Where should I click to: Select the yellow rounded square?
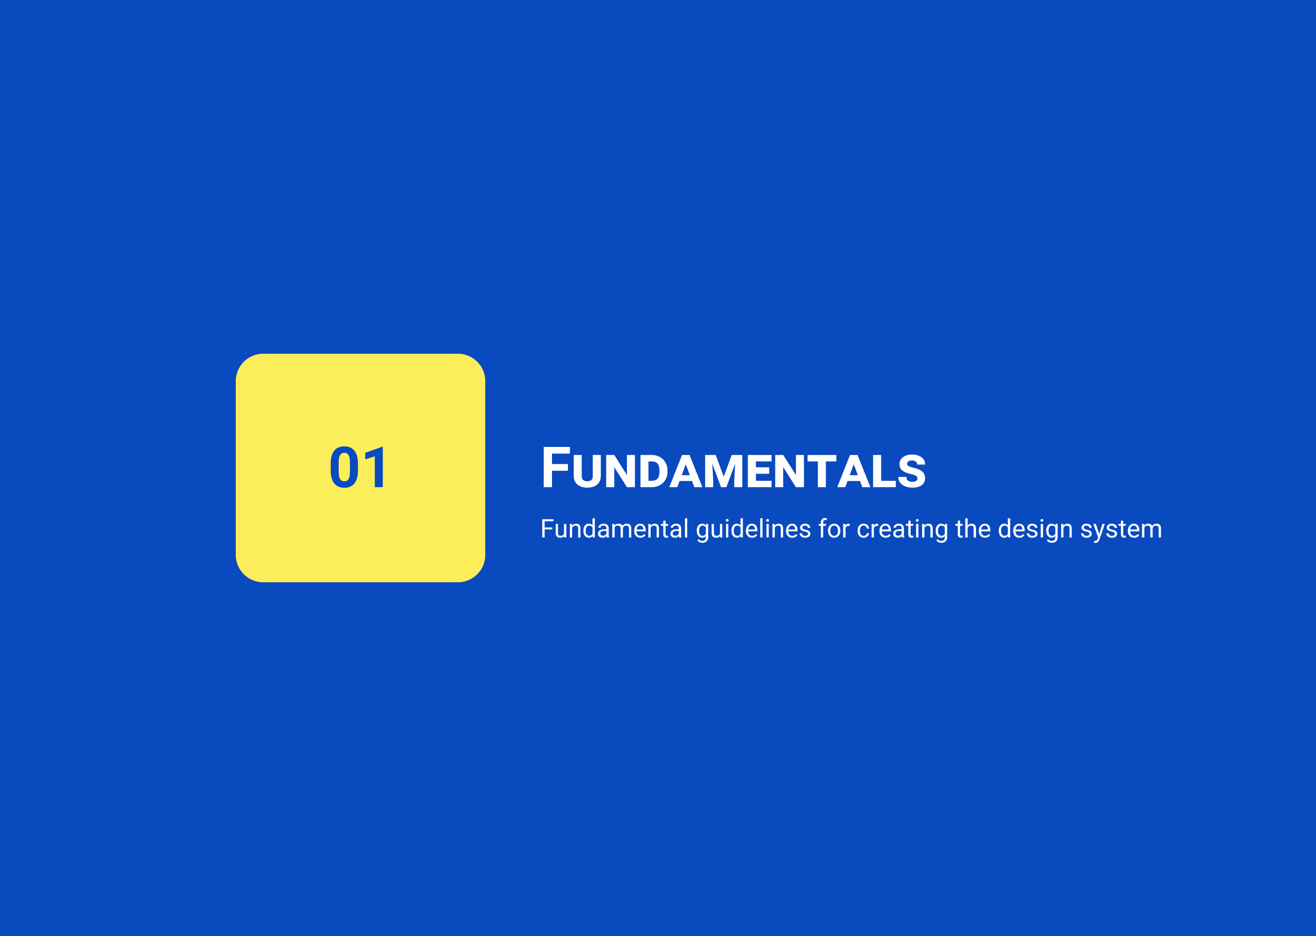[360, 468]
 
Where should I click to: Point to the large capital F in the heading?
[556, 468]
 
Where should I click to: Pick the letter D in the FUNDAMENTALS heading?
[654, 472]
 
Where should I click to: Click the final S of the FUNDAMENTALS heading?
[912, 472]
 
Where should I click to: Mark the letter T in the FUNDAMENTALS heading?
[822, 472]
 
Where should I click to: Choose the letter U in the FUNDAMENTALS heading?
[587, 472]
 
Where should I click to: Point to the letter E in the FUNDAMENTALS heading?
[759, 472]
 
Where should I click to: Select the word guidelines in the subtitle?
[754, 530]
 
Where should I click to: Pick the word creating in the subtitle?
[902, 530]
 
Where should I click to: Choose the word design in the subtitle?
[1035, 530]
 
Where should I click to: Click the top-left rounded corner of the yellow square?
[244, 362]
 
